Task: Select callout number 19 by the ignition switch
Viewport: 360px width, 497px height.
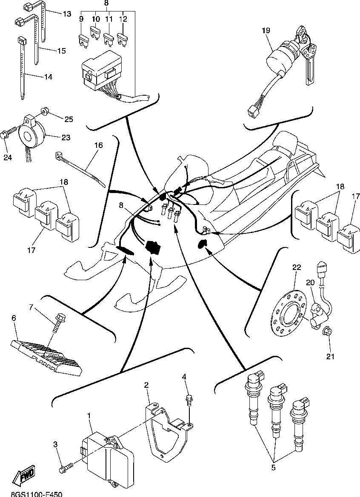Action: point(266,30)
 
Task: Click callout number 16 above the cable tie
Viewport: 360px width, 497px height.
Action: point(98,145)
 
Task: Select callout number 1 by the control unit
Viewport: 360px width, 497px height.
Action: point(89,415)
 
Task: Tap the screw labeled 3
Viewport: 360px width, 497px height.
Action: point(64,469)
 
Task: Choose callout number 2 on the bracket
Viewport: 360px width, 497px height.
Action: point(146,385)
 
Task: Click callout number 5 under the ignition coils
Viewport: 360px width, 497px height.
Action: point(274,468)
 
